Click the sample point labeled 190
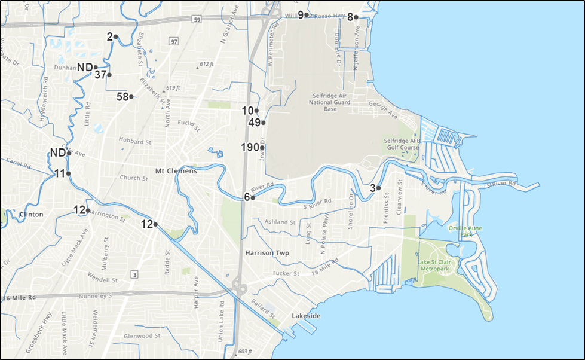coord(262,147)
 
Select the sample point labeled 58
coord(131,96)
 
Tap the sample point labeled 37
coord(109,75)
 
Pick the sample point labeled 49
coord(263,123)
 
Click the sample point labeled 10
coord(256,111)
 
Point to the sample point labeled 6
coord(253,197)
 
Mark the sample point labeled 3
coord(379,188)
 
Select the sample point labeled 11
coord(69,173)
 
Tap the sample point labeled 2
coord(115,37)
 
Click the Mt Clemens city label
coord(176,171)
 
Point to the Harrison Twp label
coord(267,253)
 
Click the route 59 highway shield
coord(197,19)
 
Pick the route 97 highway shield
coord(174,42)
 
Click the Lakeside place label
coord(306,315)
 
